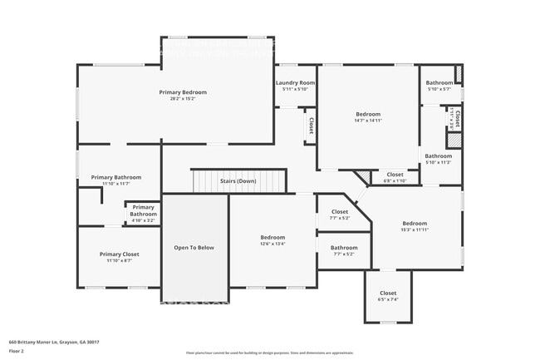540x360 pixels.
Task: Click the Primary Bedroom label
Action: pos(183,92)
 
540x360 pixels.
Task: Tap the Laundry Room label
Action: pos(295,83)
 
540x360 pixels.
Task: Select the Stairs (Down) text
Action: pos(238,181)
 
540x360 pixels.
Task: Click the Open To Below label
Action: pos(194,248)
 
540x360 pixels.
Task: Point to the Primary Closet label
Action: pos(119,254)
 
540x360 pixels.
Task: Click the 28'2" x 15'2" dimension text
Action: pos(183,99)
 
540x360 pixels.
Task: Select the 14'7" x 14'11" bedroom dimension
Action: pos(368,121)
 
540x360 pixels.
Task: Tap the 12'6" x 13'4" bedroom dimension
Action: pos(272,244)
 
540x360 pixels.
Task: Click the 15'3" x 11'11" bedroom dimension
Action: pos(415,229)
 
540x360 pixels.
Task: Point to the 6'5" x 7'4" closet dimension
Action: pos(388,300)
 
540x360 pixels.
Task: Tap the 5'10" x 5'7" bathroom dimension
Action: pos(439,89)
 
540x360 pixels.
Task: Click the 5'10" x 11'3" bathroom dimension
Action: pos(439,162)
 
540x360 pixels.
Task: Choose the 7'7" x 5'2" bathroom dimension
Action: pos(344,254)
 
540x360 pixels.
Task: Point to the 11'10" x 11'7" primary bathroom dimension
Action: pos(115,184)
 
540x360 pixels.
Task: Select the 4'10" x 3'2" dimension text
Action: pos(143,220)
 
